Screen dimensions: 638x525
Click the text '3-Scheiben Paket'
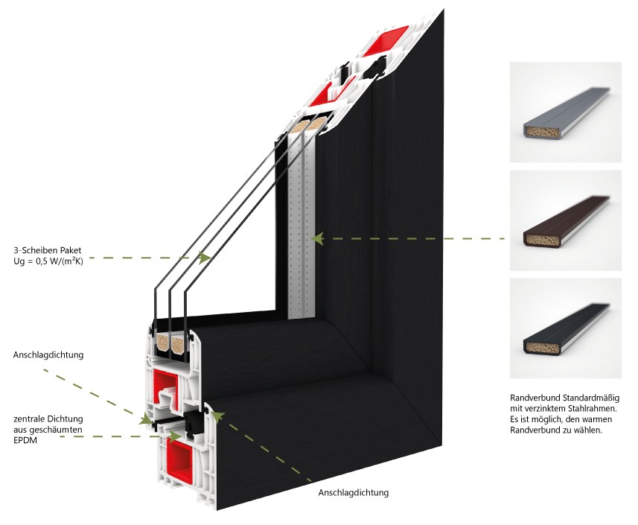tap(47, 250)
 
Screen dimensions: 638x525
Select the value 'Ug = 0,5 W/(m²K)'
tap(48, 261)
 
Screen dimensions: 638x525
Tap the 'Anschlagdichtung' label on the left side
tap(48, 355)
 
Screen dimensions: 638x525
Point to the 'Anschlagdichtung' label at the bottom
tap(353, 493)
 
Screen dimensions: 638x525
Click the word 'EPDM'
tap(25, 440)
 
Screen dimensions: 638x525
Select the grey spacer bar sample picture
tap(566, 112)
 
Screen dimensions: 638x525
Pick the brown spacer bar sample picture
tap(566, 220)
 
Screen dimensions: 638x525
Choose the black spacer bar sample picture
tap(566, 328)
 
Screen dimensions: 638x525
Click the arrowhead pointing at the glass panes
tap(205, 257)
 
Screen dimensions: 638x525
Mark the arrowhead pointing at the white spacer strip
tap(317, 238)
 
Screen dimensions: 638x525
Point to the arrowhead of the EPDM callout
tap(176, 436)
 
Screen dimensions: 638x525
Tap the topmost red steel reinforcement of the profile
tap(384, 42)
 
